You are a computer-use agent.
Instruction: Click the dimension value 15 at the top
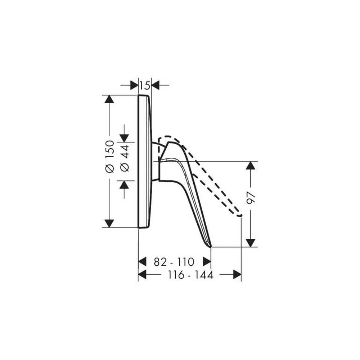point(145,86)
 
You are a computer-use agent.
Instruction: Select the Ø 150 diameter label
point(109,156)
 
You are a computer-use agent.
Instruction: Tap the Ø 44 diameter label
point(125,158)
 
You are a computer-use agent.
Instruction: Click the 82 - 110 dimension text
point(174,262)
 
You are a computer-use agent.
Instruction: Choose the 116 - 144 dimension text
point(191,275)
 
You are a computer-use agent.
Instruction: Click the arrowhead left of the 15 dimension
point(134,85)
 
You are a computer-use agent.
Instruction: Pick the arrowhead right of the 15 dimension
point(156,85)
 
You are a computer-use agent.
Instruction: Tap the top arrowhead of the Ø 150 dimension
point(109,99)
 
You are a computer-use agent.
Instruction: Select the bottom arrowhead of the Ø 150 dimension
point(109,224)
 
